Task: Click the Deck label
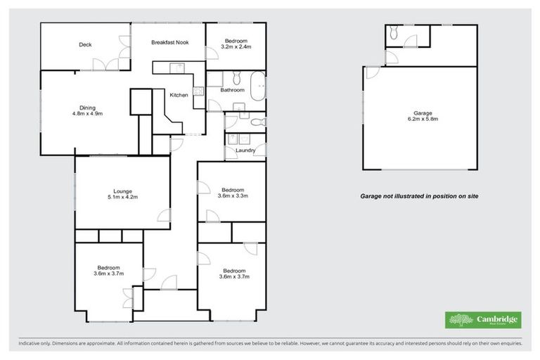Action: pos(85,45)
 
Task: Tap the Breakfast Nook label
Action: pos(169,43)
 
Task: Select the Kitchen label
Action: pos(179,95)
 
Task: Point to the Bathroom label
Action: pos(232,90)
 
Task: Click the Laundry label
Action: pos(245,150)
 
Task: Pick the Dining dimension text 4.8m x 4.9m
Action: pos(87,115)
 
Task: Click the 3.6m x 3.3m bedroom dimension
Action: pos(233,196)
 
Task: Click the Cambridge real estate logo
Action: pos(484,320)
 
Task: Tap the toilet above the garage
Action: pos(394,33)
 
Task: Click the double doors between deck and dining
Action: pos(108,65)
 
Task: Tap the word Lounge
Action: pos(123,190)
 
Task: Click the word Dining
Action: pos(87,108)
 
